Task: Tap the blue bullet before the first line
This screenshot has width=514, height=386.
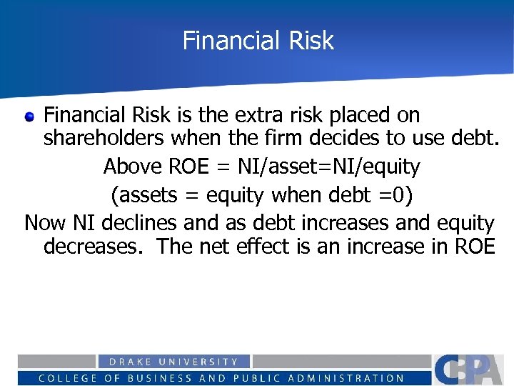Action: [30, 117]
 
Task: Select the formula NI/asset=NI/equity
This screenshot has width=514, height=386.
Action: [329, 167]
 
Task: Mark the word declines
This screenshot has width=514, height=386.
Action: [139, 223]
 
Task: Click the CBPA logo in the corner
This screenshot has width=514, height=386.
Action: [472, 370]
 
